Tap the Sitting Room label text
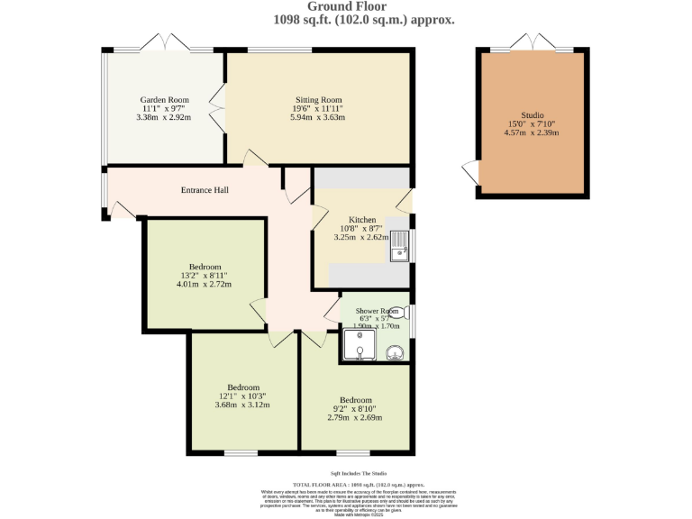coord(318,100)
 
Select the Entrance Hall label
coord(205,190)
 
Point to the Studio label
coord(532,115)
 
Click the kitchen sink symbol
coord(400,246)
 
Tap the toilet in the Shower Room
coord(397,312)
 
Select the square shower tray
coord(358,344)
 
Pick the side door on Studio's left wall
coord(470,173)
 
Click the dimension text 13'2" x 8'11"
coord(201,276)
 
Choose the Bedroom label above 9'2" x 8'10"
coord(355,400)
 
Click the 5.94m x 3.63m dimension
coord(318,117)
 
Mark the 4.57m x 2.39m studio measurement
coord(532,133)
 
